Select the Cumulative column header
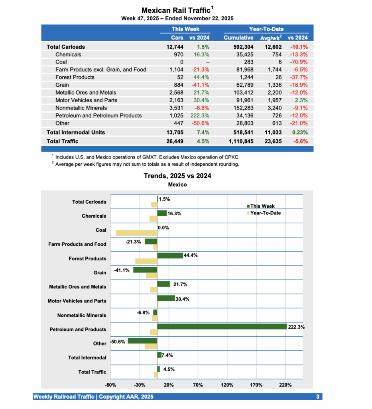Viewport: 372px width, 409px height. coord(238,38)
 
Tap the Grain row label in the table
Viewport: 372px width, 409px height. coord(62,85)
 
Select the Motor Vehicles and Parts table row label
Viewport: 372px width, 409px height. coord(86,100)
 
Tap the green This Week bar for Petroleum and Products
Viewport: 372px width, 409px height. coord(222,327)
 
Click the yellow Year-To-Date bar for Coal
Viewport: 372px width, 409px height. coord(136,233)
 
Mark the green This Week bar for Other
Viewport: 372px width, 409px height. coord(142,341)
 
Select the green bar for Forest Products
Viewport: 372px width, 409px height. coord(170,256)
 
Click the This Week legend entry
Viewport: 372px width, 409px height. coord(262,206)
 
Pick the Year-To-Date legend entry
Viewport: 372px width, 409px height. coord(265,213)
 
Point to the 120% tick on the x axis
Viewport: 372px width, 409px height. coord(227,385)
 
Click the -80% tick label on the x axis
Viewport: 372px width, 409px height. coord(110,385)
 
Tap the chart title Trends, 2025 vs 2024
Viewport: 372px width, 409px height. coord(177,176)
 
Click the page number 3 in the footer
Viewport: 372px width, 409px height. coord(318,397)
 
